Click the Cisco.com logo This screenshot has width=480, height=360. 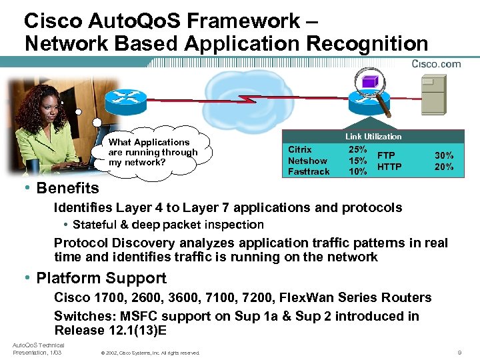[x=436, y=64]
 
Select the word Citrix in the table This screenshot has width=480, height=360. [x=299, y=150]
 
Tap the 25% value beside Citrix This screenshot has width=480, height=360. [x=358, y=150]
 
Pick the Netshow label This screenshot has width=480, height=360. [x=307, y=161]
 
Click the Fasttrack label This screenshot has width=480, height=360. [x=309, y=171]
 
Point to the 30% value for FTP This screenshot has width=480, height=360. [x=444, y=155]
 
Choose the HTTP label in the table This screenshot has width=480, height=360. [x=389, y=167]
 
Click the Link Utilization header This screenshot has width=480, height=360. [x=373, y=137]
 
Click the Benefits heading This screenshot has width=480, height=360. [x=67, y=188]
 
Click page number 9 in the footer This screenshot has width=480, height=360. [x=459, y=352]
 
